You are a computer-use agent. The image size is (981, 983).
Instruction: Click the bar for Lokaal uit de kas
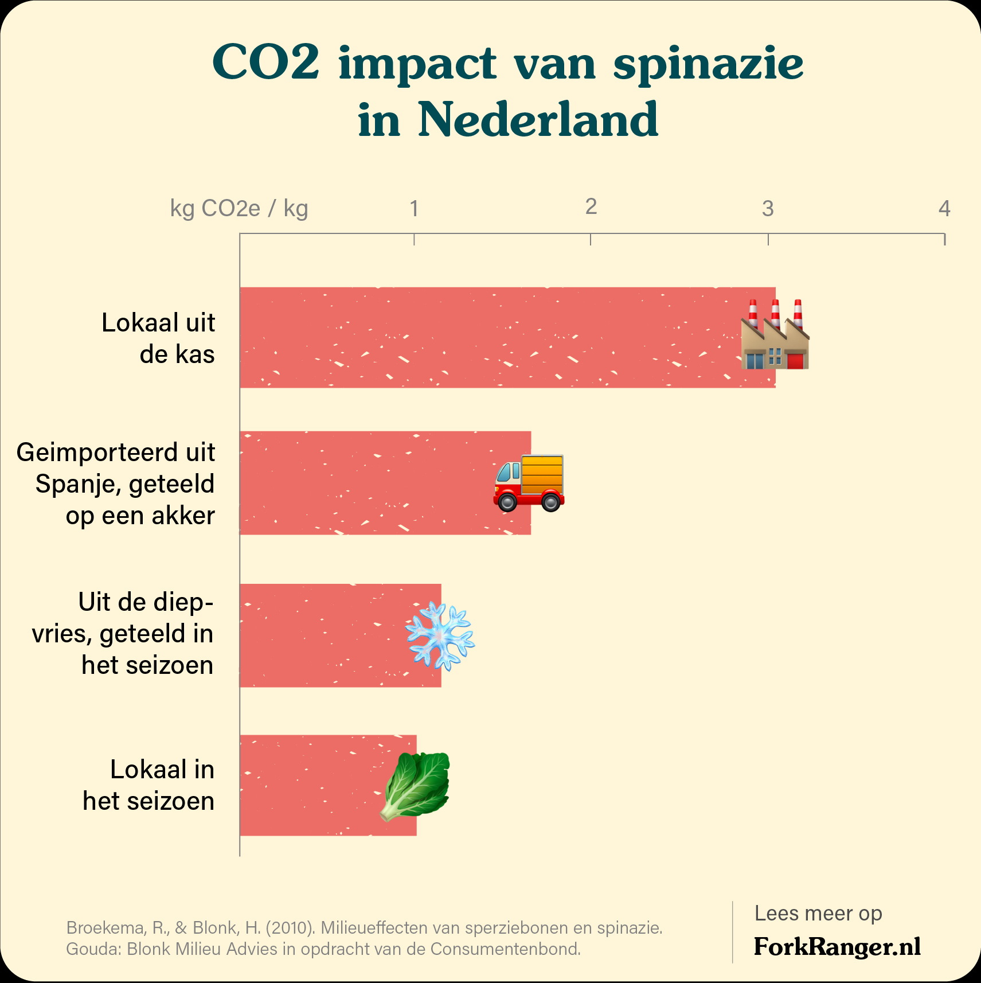click(487, 337)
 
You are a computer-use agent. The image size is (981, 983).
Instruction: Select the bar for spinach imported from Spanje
click(367, 483)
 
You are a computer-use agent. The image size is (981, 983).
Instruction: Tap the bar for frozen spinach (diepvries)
click(321, 635)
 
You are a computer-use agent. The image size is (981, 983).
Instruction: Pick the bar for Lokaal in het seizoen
click(310, 785)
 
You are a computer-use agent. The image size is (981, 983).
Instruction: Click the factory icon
click(775, 335)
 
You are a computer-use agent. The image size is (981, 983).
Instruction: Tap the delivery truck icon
click(529, 483)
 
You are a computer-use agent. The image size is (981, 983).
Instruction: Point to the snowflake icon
click(440, 636)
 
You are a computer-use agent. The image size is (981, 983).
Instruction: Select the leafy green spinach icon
click(416, 786)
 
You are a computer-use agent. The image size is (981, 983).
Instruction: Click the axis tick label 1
click(414, 209)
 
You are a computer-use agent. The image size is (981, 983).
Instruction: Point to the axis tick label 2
click(591, 207)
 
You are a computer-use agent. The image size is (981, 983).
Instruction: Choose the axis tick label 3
click(768, 209)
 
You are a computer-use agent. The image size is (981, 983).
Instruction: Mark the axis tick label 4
click(944, 209)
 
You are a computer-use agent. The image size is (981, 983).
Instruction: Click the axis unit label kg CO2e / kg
click(239, 209)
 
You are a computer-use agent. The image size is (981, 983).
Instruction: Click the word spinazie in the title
click(708, 64)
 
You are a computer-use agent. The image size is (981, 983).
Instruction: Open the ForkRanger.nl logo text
click(837, 946)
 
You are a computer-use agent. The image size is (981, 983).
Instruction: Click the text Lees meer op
click(818, 913)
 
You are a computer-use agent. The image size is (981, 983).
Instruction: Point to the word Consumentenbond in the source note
click(505, 949)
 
